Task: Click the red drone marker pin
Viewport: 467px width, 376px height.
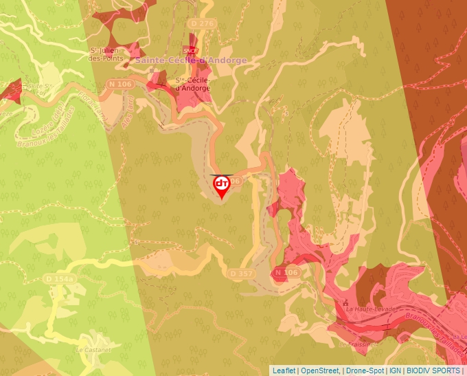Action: [222, 186]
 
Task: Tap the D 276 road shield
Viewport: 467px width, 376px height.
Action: [203, 23]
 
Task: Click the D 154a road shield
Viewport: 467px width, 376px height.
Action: [58, 278]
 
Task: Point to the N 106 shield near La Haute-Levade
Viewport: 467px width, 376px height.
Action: [286, 273]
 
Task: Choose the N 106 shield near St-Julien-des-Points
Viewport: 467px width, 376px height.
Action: [119, 84]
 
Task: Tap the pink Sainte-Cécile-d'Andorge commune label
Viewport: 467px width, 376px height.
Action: [190, 60]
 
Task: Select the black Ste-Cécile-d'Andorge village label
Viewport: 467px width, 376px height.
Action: [192, 84]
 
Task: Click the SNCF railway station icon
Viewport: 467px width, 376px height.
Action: [190, 49]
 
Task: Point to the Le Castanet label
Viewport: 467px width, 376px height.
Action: [89, 350]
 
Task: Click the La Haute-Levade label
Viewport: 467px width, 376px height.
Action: [372, 309]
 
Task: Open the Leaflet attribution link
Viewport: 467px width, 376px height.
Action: [284, 371]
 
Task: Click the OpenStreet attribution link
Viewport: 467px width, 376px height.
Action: [320, 371]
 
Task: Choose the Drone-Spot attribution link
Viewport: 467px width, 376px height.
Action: [364, 371]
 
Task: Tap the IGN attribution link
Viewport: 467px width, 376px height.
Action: [395, 371]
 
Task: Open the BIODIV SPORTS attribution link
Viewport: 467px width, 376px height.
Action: [433, 371]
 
